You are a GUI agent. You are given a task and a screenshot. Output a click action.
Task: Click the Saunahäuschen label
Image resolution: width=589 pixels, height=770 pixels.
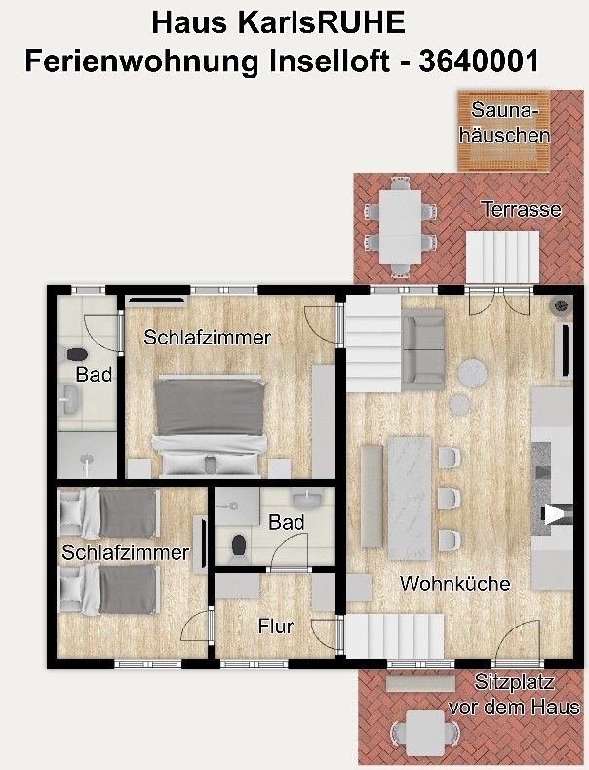[x=504, y=123]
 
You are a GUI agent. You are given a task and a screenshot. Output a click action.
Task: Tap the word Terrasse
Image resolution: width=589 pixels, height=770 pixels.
[x=521, y=209]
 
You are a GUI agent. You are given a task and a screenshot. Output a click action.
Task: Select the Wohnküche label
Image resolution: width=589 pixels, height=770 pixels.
[x=455, y=584]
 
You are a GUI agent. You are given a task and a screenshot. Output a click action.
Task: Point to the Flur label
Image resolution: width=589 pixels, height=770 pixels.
[x=276, y=627]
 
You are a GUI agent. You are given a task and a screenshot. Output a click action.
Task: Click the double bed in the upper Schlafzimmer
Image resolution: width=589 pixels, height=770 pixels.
[x=210, y=426]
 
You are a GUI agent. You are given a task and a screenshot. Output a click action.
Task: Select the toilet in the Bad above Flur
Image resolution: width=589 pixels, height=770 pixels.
[x=239, y=547]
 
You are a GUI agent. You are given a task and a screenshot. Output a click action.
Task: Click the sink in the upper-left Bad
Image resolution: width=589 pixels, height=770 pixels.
[x=69, y=399]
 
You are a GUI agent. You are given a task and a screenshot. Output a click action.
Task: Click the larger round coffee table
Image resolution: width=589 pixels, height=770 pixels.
[x=472, y=374]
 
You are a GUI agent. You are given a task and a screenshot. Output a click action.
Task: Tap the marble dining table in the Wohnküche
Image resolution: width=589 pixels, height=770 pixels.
[x=410, y=499]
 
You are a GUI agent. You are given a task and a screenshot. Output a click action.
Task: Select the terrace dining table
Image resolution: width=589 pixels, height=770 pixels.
[x=400, y=226]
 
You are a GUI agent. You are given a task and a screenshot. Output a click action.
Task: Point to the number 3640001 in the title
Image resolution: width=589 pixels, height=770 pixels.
[x=479, y=61]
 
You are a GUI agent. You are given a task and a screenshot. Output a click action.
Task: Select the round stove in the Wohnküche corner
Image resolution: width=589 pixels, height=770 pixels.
[x=561, y=305]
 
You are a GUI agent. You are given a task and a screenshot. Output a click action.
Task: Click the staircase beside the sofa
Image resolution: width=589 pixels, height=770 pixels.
[x=374, y=343]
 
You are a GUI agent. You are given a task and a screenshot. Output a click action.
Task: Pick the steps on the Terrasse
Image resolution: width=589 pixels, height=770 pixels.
[x=502, y=257]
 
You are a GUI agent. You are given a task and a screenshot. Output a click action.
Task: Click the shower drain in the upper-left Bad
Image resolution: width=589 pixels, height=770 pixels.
[x=87, y=459]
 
